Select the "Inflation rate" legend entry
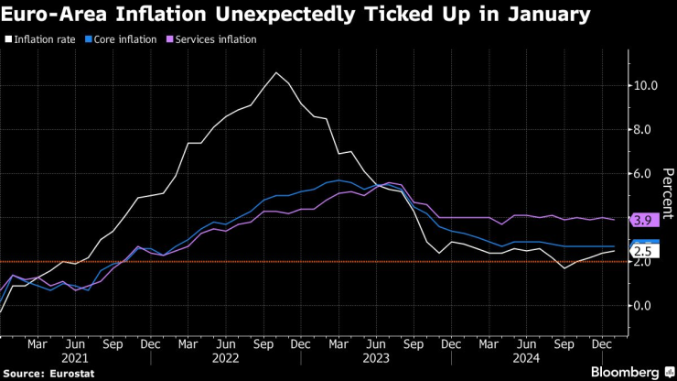point(45,39)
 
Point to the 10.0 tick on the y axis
point(645,86)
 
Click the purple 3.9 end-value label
point(642,220)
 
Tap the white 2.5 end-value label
point(642,251)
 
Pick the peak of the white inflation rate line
point(276,72)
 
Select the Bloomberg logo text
point(625,372)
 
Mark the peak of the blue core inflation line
point(339,180)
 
